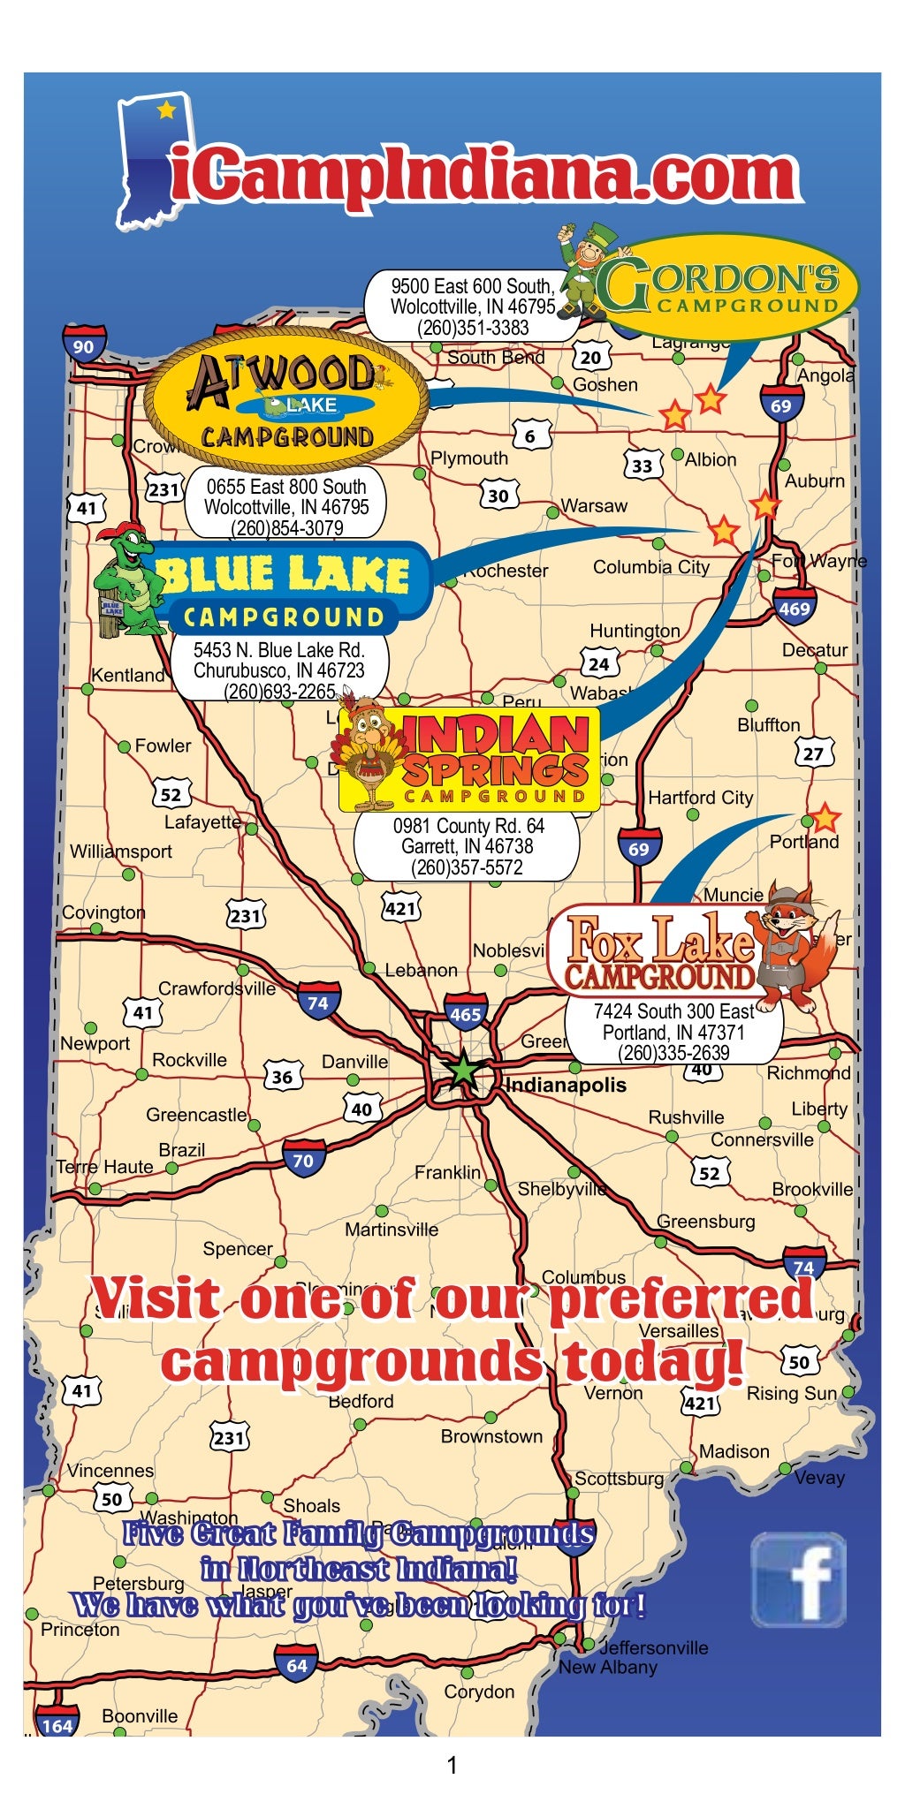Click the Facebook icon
799,1579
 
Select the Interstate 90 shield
84,345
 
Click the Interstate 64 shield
297,1665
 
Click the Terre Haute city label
105,1167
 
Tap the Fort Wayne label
819,561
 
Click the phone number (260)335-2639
673,1053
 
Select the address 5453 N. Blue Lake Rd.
279,650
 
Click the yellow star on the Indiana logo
166,110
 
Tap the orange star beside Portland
825,818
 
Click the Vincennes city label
110,1471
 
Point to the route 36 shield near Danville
283,1077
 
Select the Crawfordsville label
217,988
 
